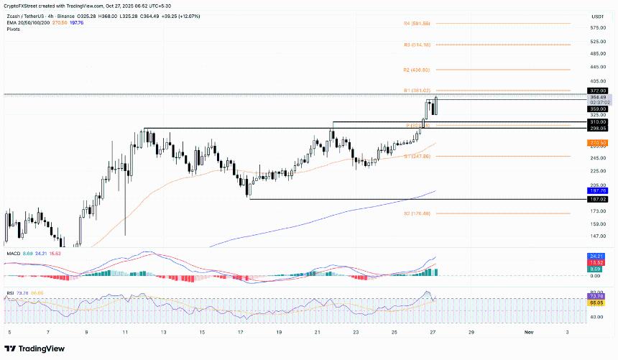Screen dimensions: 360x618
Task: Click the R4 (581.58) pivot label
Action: coord(417,24)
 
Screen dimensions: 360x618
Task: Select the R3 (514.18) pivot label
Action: coord(417,45)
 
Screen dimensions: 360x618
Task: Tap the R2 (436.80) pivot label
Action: coord(417,70)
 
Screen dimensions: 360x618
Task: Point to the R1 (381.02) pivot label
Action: coord(417,91)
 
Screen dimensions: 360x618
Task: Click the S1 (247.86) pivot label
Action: coord(417,156)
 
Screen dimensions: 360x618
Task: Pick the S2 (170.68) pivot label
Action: coord(417,213)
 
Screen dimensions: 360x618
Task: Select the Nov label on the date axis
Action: coord(528,333)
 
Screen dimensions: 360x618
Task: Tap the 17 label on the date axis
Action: coord(241,333)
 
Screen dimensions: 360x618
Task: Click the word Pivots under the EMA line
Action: coord(14,28)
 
